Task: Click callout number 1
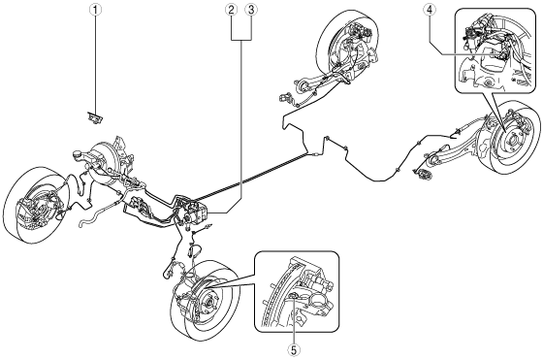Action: (x=96, y=10)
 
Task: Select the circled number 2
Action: (x=232, y=10)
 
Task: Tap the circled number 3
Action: (x=251, y=10)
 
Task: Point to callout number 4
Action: (x=430, y=10)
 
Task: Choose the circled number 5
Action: (x=294, y=350)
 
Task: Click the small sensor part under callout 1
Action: (x=95, y=117)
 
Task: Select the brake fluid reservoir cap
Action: (x=78, y=153)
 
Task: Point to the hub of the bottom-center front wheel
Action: (x=208, y=302)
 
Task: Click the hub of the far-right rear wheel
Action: (x=511, y=142)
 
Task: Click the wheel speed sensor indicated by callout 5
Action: (x=294, y=295)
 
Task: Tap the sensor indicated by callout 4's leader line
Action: (x=500, y=52)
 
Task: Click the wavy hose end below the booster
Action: (x=82, y=223)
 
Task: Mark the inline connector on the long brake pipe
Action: (x=315, y=154)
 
